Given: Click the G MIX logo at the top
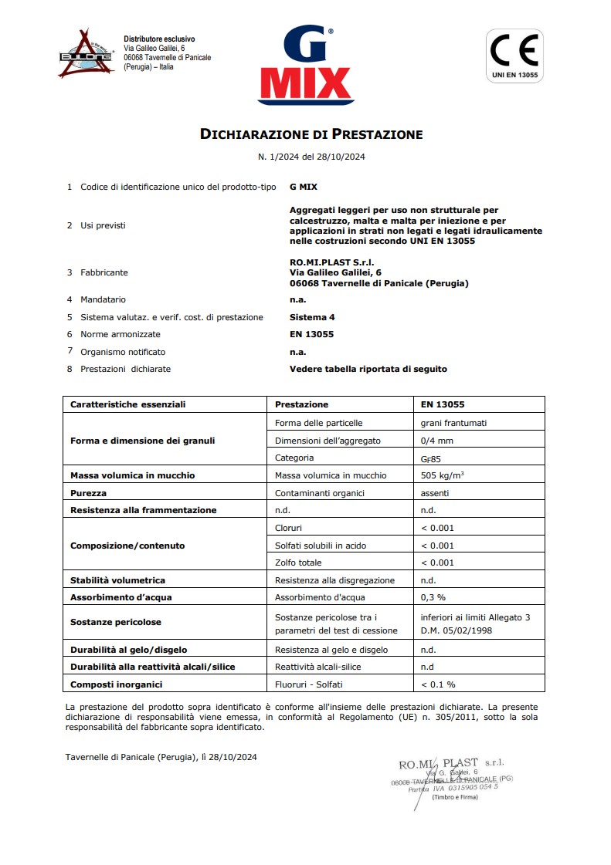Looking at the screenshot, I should (x=306, y=67).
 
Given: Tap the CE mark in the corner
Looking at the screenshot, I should (x=514, y=56).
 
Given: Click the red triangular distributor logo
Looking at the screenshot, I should (x=87, y=53).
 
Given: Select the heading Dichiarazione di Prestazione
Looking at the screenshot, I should (x=311, y=134).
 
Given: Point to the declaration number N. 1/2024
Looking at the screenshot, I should (x=311, y=157).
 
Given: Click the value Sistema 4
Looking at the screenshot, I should (x=312, y=317).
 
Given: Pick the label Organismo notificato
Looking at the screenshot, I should (x=123, y=352).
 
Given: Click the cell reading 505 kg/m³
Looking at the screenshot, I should (x=447, y=475).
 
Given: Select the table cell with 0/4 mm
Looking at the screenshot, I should (x=437, y=441).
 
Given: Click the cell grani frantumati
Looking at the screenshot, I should (x=453, y=424).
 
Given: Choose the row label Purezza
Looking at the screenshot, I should (x=89, y=492).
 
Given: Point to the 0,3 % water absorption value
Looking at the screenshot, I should (x=433, y=597).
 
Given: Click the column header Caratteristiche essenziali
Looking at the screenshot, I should (x=127, y=404).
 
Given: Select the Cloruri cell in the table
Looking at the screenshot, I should (x=288, y=528).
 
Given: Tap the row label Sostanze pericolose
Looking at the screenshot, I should (x=116, y=622).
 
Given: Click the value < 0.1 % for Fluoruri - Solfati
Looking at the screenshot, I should (x=438, y=684).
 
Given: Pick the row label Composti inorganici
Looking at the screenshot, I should (x=117, y=684).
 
